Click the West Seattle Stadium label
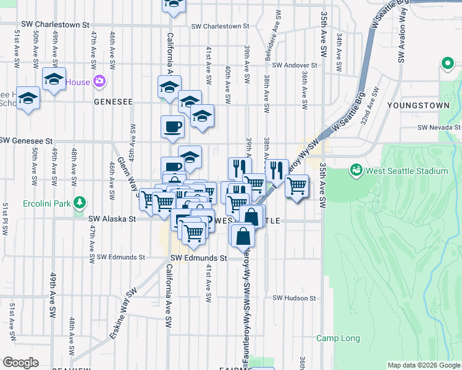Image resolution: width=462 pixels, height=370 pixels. tap(407, 171)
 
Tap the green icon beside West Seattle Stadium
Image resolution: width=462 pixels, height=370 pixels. tap(356, 170)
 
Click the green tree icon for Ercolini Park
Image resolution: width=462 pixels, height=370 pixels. tap(79, 202)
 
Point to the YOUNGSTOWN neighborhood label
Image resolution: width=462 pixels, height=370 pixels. tap(418, 106)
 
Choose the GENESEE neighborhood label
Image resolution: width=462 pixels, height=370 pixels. tap(113, 101)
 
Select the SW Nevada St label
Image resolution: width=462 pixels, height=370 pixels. tap(439, 127)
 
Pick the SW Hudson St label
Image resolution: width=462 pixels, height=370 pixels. tap(294, 298)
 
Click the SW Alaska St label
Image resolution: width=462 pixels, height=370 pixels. tap(112, 218)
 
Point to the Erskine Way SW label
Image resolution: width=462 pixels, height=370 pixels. tap(123, 314)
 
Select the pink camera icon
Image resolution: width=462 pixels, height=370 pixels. tap(99, 81)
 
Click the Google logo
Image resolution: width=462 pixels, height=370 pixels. tap(20, 363)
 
